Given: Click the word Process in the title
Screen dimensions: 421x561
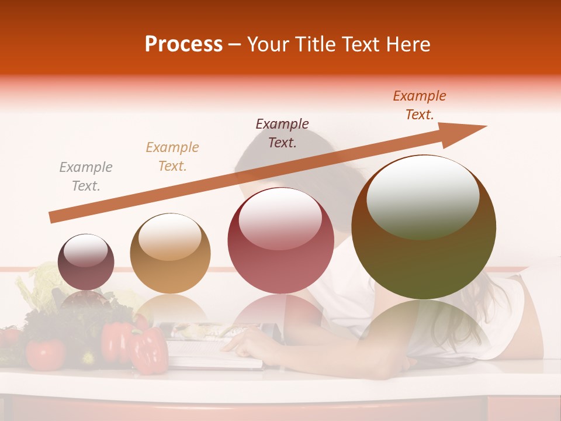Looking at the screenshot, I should point(183,44).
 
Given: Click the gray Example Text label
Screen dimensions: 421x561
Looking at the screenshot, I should point(86,177).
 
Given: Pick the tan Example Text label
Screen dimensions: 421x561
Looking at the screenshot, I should point(172,156).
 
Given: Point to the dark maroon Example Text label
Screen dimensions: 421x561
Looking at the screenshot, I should point(282,133).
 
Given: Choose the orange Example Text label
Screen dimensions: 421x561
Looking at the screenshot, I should point(420,105).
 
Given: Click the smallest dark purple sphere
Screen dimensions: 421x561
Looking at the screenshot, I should point(86,262).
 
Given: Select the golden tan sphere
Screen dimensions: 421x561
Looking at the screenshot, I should point(170,254).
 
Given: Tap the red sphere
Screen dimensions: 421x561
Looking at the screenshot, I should point(281,241).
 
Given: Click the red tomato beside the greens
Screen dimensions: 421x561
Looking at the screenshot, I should point(45,354).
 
